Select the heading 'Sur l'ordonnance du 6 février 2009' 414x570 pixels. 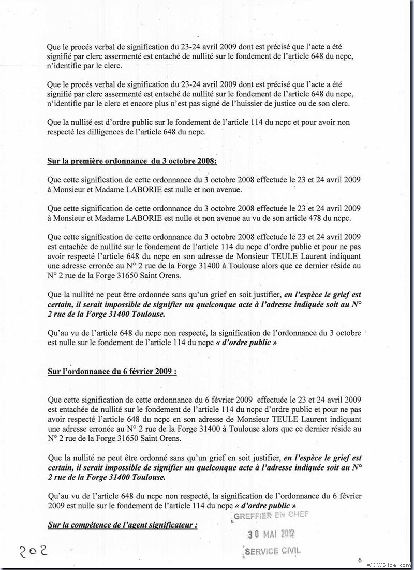112,372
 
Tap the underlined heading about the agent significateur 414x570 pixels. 123,525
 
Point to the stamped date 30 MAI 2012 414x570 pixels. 271,534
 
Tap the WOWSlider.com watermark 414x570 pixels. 388,564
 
